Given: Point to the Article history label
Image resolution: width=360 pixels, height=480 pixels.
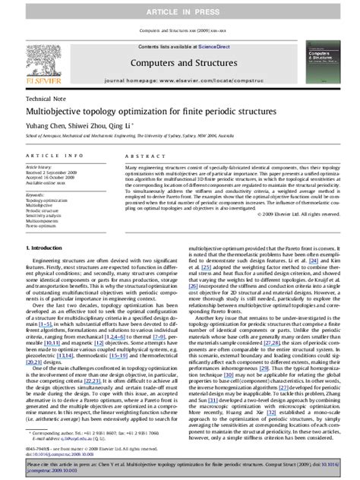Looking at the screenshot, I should [40, 166].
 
